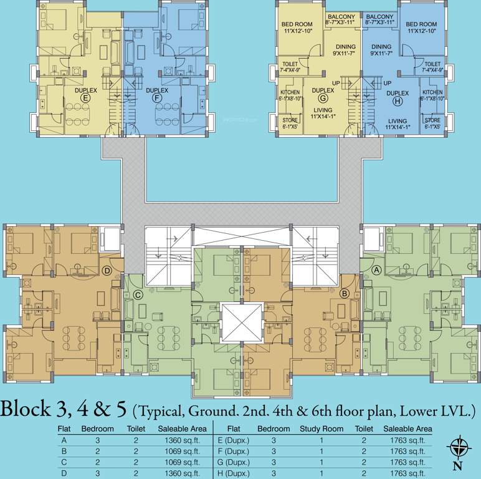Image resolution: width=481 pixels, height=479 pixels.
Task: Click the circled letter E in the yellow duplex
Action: [86, 98]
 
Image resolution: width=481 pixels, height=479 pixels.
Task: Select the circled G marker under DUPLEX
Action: [323, 98]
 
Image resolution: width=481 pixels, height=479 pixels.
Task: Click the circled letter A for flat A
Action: [377, 270]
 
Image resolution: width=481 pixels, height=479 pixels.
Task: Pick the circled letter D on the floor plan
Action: [107, 270]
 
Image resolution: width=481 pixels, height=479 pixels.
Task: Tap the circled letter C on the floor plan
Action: [136, 295]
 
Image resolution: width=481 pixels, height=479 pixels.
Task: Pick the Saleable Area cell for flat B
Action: [182, 451]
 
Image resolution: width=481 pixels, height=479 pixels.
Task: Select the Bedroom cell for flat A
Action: [97, 440]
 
